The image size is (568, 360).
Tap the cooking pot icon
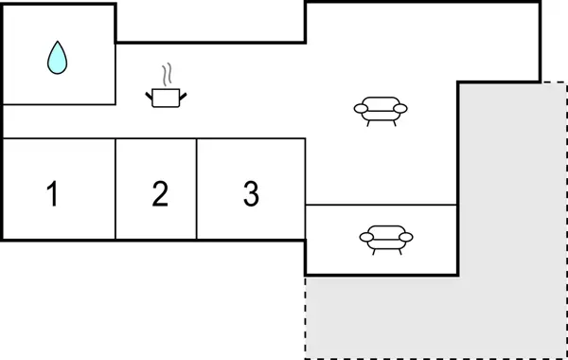coord(166,97)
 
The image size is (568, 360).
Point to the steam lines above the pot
coord(167,75)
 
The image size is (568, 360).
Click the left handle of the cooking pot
coord(149,93)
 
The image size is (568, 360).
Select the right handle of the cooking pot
coord(183,93)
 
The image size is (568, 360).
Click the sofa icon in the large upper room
coord(381,110)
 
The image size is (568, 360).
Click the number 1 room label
coord(53,194)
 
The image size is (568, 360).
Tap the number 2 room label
coord(160,194)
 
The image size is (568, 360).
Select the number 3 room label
coord(250,194)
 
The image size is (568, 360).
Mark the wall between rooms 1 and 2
coord(115,189)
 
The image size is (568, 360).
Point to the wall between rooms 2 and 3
coord(197,189)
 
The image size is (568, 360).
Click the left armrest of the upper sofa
coord(360,109)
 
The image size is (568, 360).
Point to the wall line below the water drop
coord(59,103)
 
